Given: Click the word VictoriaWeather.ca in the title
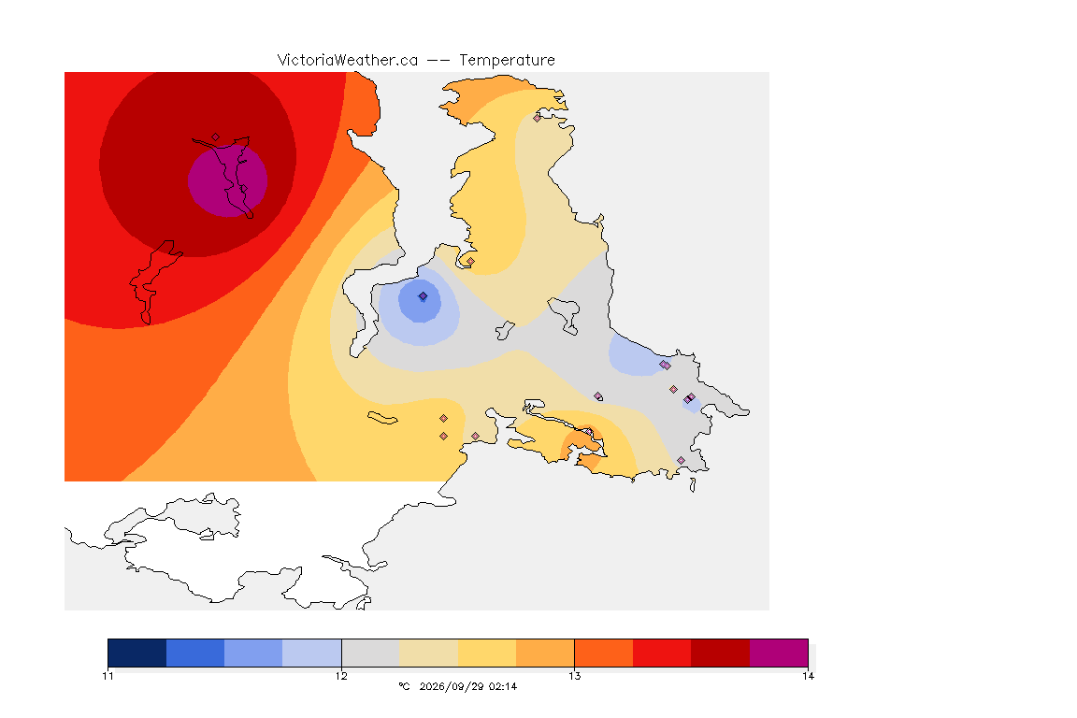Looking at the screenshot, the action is (x=348, y=61).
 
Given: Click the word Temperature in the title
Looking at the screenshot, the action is (x=507, y=61).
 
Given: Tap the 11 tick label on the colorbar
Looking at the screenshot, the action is (x=108, y=676).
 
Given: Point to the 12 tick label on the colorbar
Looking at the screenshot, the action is (x=341, y=676).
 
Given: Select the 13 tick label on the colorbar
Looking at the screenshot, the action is (x=574, y=676).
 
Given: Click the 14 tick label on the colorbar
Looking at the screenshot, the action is (x=808, y=676).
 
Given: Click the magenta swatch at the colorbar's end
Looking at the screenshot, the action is (x=779, y=653).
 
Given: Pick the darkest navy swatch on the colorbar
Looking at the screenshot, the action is (x=137, y=653).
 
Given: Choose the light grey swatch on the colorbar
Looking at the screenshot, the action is (x=370, y=653).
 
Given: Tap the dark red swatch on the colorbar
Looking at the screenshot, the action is (x=721, y=653).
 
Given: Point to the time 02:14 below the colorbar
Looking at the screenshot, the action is (x=503, y=686).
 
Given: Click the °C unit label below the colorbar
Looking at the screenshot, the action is (x=404, y=686).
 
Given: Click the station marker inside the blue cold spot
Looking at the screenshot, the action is (x=424, y=296).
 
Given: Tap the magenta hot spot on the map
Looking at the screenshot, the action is (x=227, y=180).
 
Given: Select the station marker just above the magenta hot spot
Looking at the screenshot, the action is (x=216, y=137).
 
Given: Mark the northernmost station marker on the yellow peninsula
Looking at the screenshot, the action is (x=538, y=118).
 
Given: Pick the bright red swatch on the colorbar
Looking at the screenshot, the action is (x=662, y=653).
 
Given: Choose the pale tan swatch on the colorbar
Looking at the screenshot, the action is (x=428, y=653).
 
